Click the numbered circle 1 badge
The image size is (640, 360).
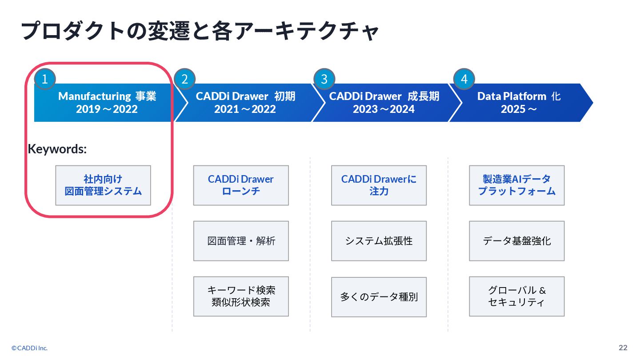click(44, 80)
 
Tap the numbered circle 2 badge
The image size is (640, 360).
click(185, 80)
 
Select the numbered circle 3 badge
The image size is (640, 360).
click(324, 80)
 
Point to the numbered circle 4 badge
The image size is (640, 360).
click(464, 80)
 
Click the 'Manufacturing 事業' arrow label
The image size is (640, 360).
click(107, 96)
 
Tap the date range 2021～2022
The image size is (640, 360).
click(245, 109)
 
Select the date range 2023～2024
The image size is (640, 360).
click(384, 109)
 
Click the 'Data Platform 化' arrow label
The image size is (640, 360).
click(519, 96)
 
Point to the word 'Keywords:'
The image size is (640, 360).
click(57, 149)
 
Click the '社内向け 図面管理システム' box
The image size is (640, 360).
click(103, 185)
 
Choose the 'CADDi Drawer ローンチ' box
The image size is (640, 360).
click(241, 185)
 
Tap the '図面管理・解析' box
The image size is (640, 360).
click(241, 241)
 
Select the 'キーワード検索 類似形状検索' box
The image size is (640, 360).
click(241, 296)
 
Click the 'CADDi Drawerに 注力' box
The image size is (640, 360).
click(379, 185)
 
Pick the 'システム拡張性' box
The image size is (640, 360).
click(379, 241)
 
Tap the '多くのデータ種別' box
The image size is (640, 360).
click(379, 297)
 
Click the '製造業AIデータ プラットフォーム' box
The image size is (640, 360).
click(516, 185)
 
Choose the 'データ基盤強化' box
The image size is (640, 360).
click(516, 241)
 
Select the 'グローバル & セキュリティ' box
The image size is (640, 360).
click(516, 296)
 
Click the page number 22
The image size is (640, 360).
click(623, 348)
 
